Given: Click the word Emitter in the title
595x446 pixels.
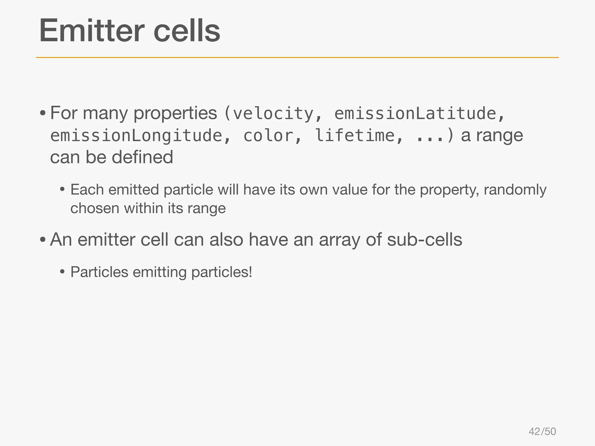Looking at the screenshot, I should (x=92, y=30).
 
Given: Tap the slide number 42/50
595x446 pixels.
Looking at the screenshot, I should (x=542, y=431).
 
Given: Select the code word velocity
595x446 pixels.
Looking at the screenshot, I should (x=273, y=113).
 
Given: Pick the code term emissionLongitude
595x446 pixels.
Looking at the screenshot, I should (x=136, y=136).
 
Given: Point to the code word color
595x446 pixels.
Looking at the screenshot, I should (x=268, y=136).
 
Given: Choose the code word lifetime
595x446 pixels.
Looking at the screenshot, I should (x=354, y=136).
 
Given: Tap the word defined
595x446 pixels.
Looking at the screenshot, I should (x=142, y=157).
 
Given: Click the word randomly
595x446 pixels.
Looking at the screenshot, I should (x=515, y=190).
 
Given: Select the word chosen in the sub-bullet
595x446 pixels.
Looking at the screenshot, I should (x=95, y=208).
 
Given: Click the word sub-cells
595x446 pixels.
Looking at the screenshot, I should (x=424, y=240).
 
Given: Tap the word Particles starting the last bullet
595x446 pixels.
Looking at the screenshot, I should (x=99, y=272).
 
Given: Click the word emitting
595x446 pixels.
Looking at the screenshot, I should (x=159, y=272).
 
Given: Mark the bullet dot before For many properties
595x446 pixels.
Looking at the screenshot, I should (x=43, y=113).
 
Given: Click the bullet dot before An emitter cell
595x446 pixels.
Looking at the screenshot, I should (x=43, y=240).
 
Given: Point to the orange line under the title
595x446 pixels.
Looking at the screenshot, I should (x=297, y=57).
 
